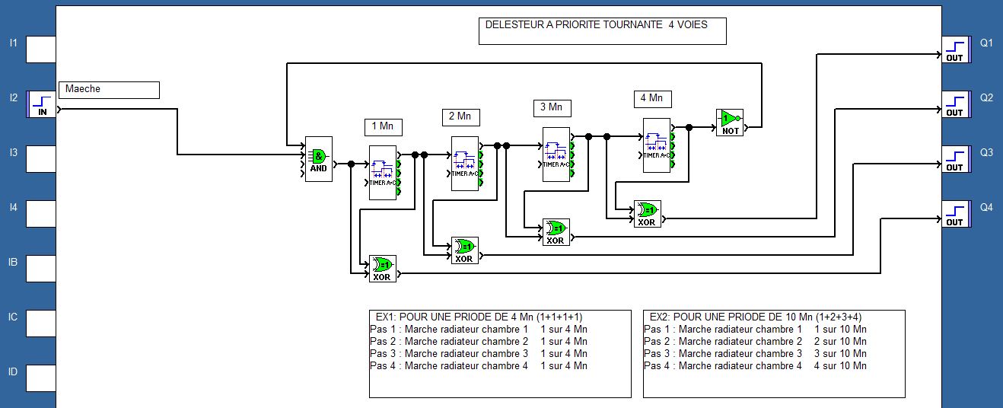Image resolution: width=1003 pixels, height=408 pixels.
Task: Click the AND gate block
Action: [x=318, y=158]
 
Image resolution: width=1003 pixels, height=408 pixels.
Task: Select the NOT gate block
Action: [x=730, y=122]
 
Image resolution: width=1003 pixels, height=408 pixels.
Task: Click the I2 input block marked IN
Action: [x=41, y=104]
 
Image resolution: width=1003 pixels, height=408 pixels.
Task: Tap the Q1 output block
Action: [x=954, y=49]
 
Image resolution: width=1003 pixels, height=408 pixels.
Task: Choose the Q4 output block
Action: [x=954, y=214]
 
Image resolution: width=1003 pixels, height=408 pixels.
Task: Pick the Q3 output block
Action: [x=954, y=159]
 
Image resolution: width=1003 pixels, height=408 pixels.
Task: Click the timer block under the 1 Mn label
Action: [x=384, y=172]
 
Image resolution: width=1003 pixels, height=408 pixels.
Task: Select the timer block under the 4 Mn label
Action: [x=657, y=145]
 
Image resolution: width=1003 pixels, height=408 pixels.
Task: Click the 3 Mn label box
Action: [x=552, y=107]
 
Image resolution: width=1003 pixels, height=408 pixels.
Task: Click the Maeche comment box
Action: [x=109, y=89]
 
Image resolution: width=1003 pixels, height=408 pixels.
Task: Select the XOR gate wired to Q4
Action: [x=382, y=269]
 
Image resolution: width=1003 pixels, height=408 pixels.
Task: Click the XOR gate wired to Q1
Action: [x=646, y=214]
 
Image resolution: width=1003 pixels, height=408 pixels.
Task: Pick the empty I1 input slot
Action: [x=41, y=49]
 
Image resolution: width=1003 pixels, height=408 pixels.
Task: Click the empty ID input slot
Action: [x=41, y=378]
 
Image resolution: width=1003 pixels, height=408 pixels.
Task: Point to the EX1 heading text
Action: [x=479, y=317]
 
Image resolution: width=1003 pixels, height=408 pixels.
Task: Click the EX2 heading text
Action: [x=753, y=317]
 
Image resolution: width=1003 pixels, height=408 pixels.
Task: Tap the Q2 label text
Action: [x=986, y=97]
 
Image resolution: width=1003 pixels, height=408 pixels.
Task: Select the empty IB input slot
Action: [x=41, y=269]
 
